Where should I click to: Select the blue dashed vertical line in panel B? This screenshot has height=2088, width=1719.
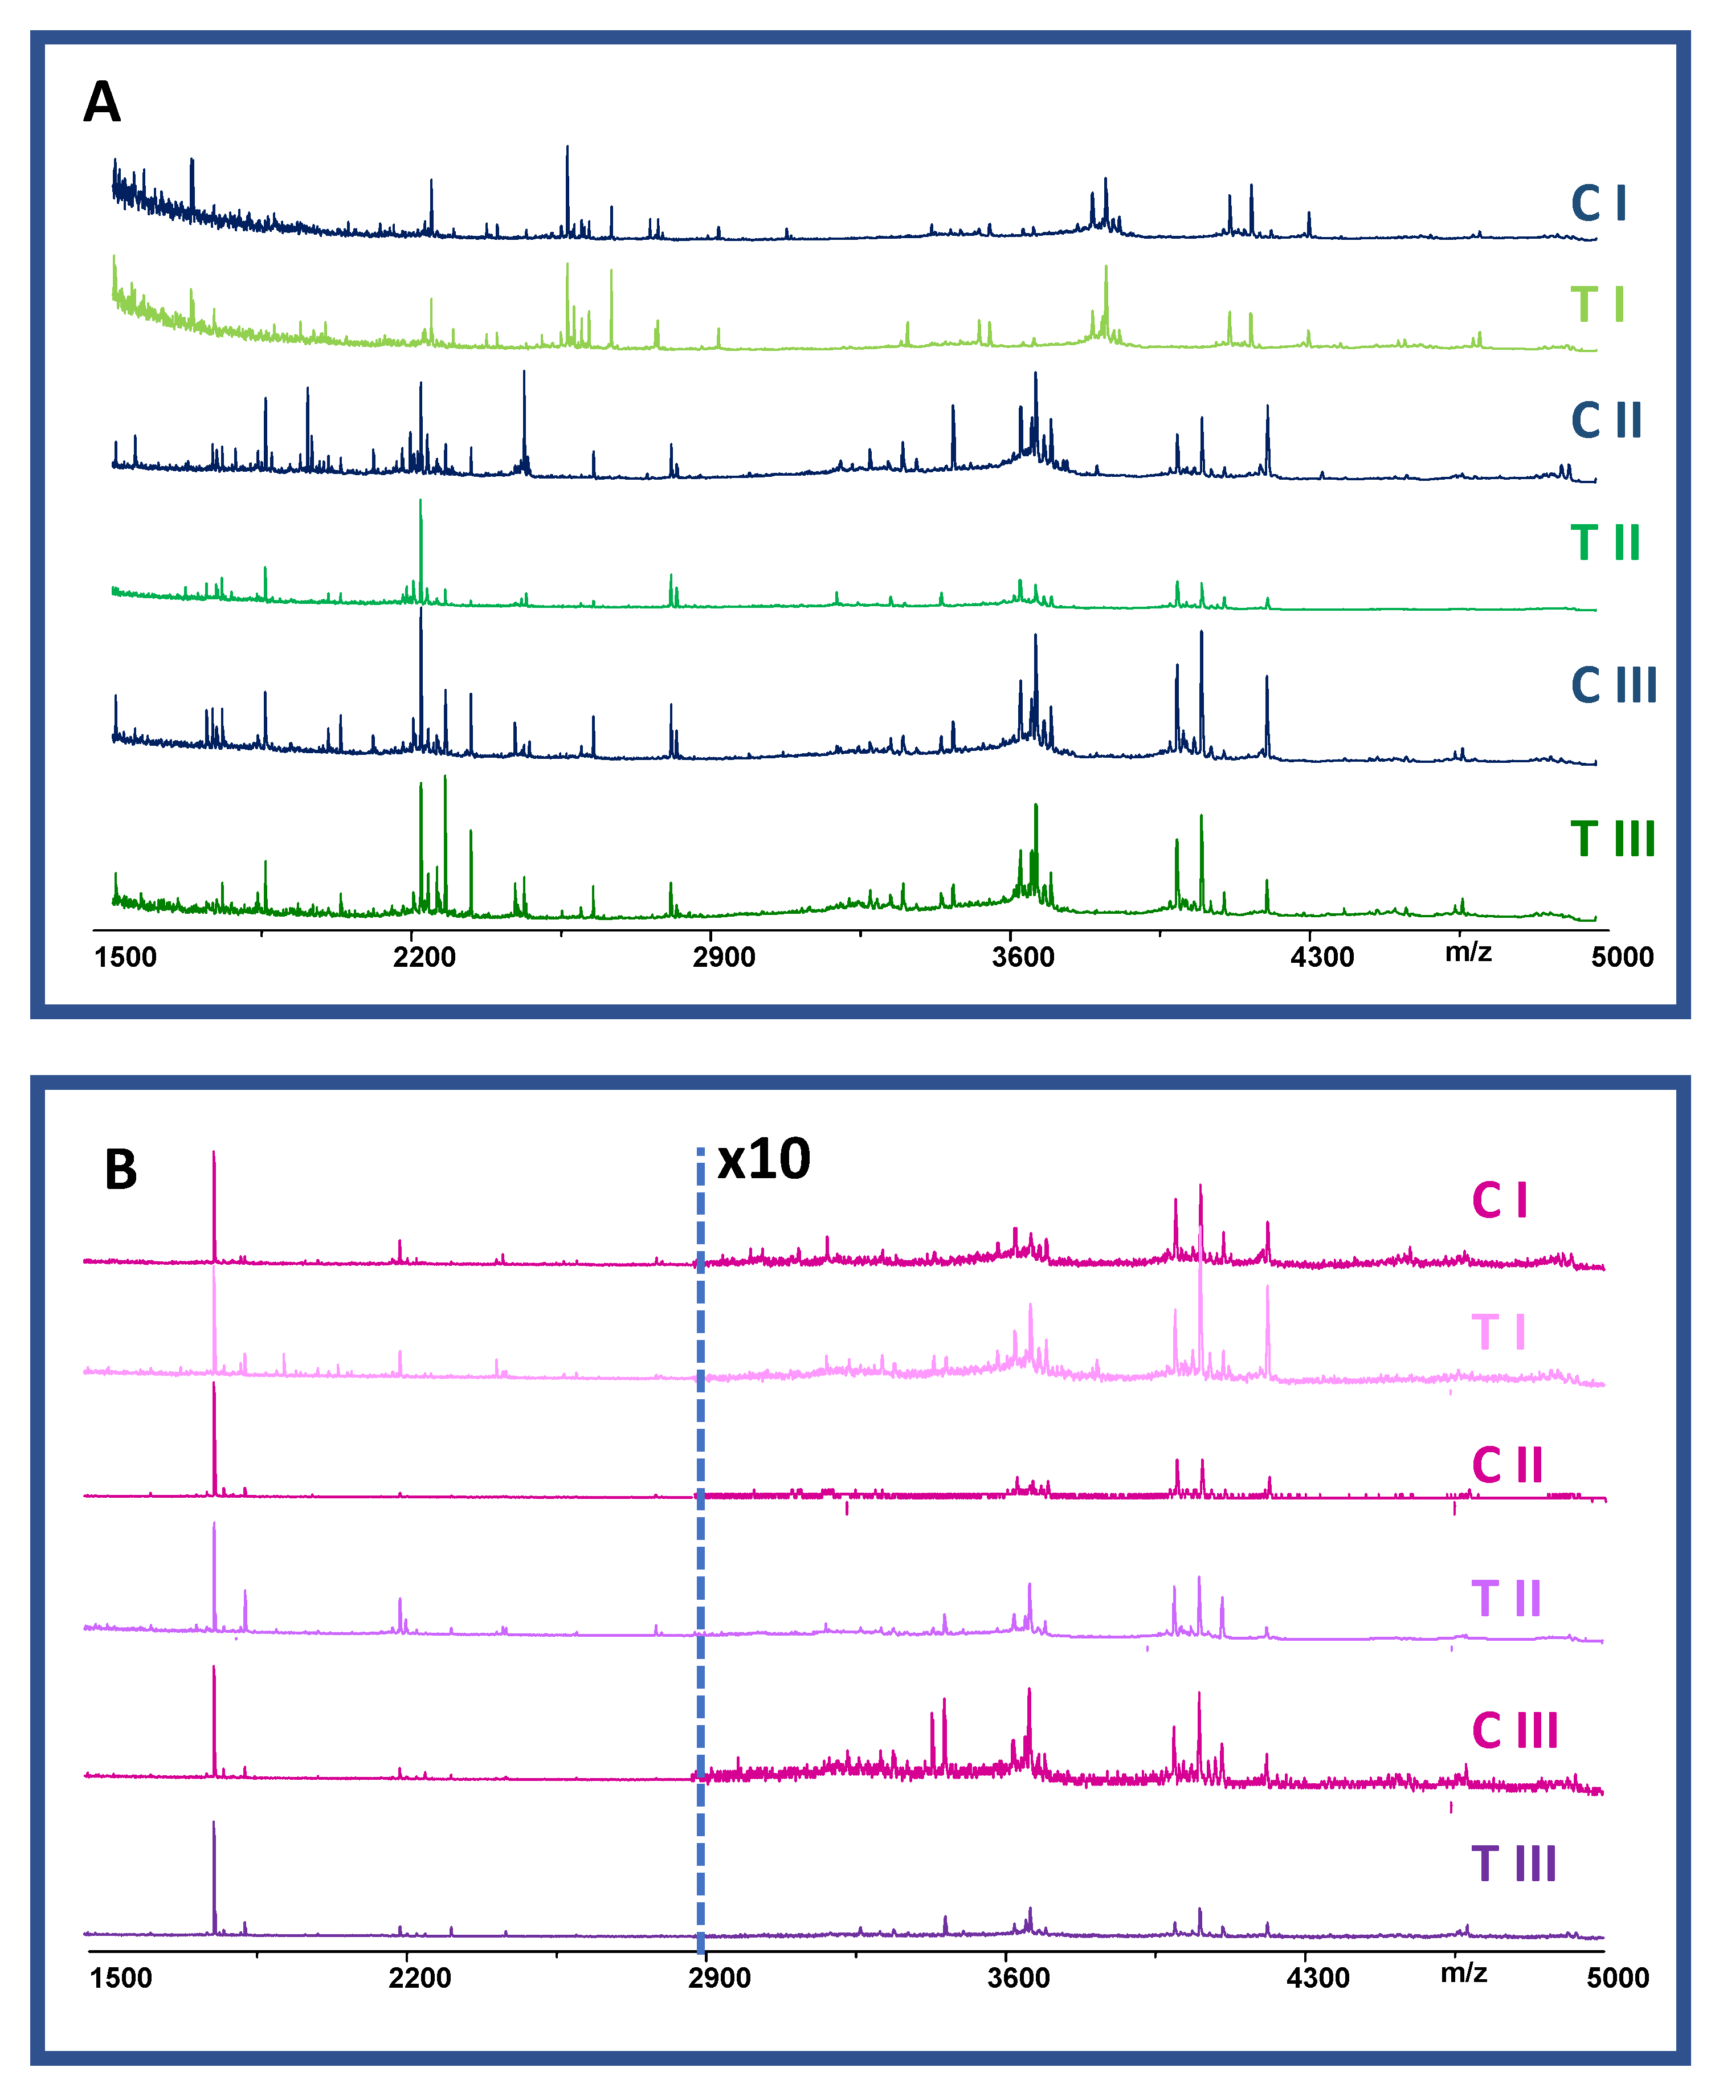tap(700, 1544)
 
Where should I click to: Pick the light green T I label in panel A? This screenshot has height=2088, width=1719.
tap(1597, 304)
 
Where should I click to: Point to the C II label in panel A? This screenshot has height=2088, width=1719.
tap(1606, 421)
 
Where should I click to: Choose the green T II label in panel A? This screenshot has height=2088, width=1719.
tap(1605, 542)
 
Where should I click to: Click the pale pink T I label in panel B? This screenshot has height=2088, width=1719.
tap(1498, 1333)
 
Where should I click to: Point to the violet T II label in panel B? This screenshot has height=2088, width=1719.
tap(1506, 1599)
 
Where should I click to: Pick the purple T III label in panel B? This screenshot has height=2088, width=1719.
tap(1513, 1864)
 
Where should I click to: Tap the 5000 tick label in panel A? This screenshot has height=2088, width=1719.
tap(1622, 957)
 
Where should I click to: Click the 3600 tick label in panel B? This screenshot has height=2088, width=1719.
tap(1018, 1978)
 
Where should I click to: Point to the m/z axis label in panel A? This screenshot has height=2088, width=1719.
tap(1468, 953)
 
